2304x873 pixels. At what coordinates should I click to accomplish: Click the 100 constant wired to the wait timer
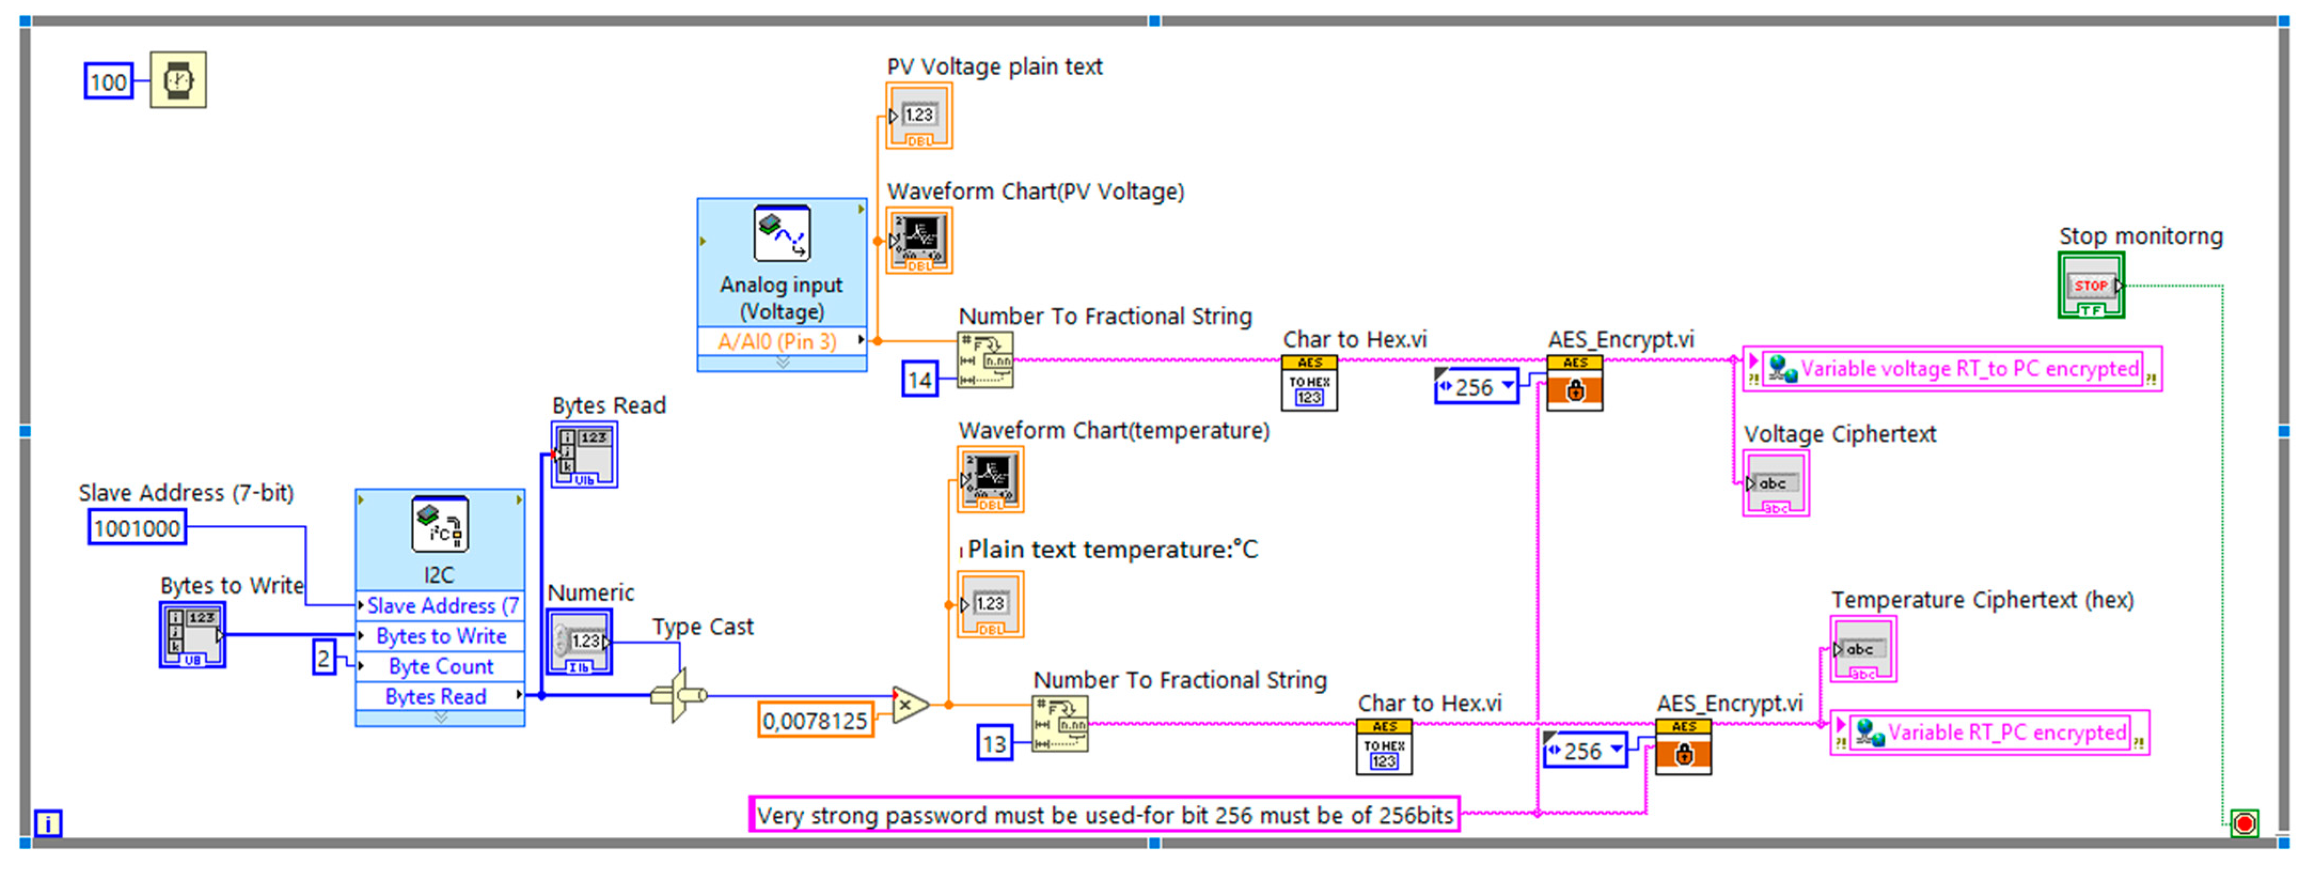click(108, 82)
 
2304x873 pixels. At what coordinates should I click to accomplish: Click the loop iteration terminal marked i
click(48, 822)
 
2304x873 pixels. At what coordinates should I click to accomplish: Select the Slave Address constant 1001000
click(137, 528)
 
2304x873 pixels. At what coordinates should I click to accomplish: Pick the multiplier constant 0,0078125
click(815, 720)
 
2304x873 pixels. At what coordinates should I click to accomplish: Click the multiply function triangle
click(909, 705)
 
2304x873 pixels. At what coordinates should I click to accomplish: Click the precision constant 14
click(919, 380)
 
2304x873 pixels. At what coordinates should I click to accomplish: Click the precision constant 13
click(993, 744)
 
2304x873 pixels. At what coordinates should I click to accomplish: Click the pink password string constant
click(1104, 815)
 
